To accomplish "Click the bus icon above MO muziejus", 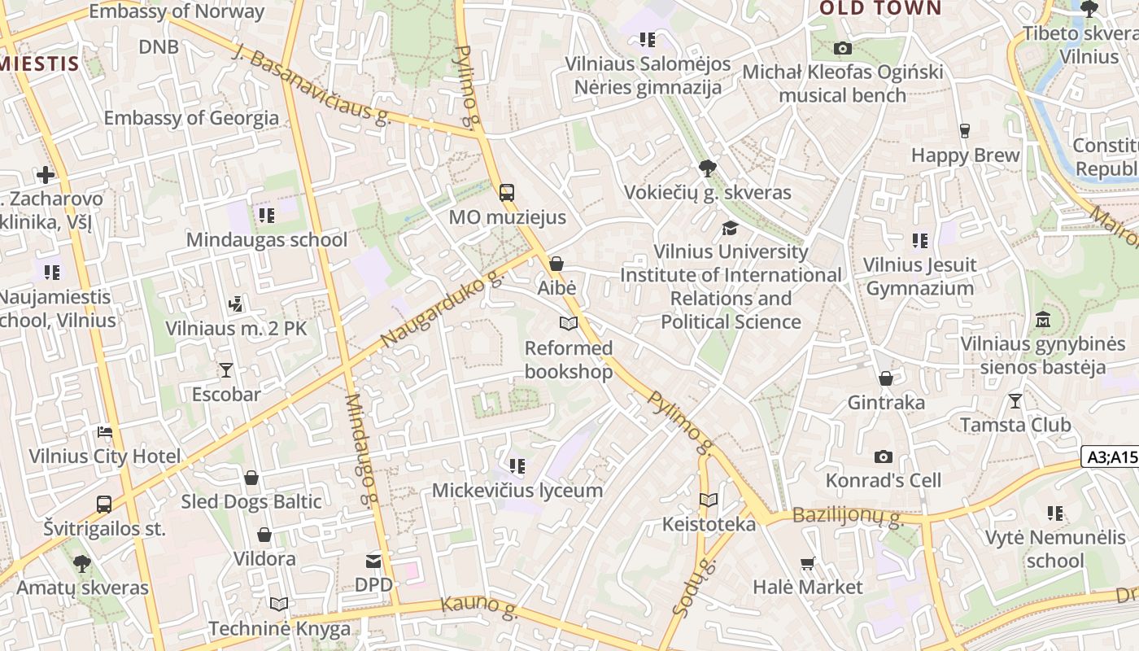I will [506, 193].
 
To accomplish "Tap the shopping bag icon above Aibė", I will [556, 264].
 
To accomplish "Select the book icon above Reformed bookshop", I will [568, 324].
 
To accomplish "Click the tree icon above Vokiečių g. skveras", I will [707, 168].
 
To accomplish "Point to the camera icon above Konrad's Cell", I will [883, 457].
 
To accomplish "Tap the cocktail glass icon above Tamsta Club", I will [1015, 400].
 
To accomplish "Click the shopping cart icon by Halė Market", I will [807, 563].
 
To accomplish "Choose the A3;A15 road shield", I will [1110, 457].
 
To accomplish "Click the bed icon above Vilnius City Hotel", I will [105, 431].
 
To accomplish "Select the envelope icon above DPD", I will [373, 561].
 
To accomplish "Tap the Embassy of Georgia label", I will [191, 118].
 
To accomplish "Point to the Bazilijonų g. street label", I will [847, 516].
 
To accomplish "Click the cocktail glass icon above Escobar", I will [225, 370].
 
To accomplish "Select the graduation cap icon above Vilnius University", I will [730, 228].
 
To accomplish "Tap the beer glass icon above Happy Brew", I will [965, 131].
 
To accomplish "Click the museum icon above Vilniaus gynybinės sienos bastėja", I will [1043, 320].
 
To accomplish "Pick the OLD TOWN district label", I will [879, 9].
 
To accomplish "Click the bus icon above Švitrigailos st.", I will [104, 504].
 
